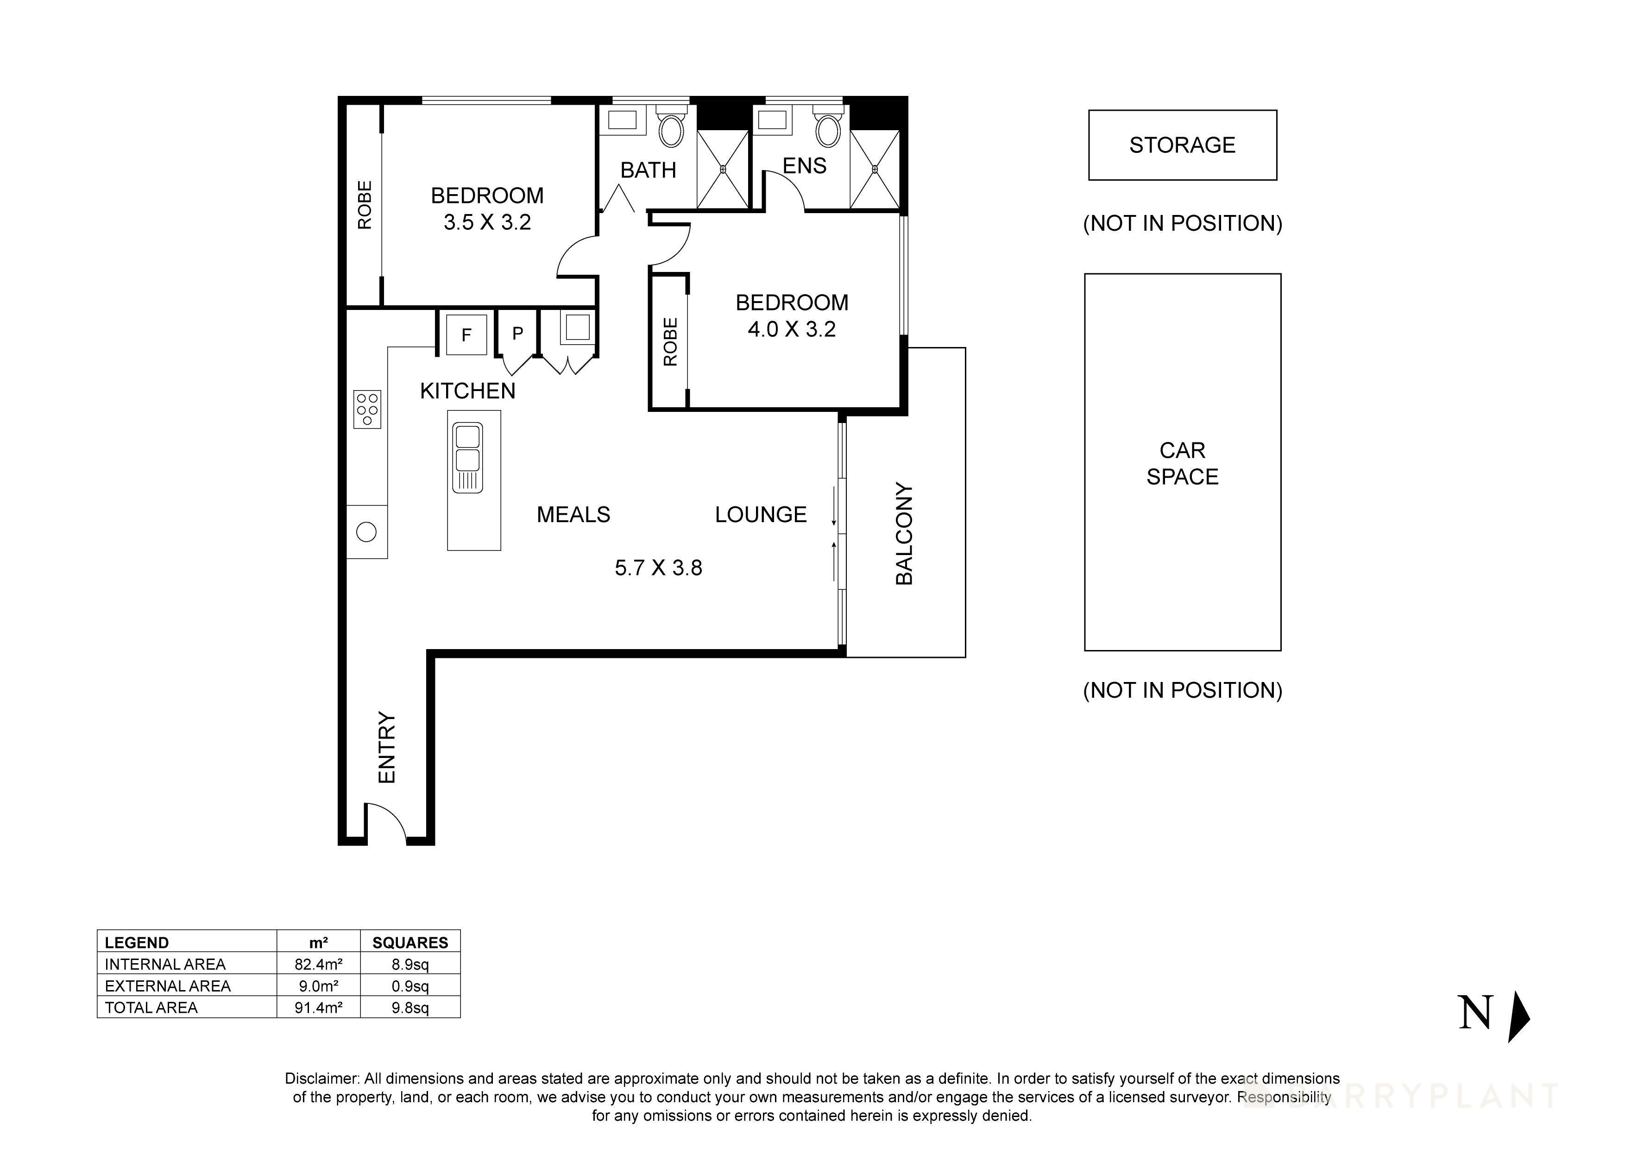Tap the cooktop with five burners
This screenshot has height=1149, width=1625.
(367, 409)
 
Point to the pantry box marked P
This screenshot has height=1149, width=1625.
(518, 334)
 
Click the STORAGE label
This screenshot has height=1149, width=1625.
(1182, 145)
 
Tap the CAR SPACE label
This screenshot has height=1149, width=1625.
(1182, 464)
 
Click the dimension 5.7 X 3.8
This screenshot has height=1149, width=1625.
(658, 568)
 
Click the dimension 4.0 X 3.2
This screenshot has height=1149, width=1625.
(791, 329)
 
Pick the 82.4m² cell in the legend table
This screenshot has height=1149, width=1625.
(319, 964)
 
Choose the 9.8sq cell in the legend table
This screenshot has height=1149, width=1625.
(410, 1007)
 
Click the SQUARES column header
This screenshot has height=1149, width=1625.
(410, 943)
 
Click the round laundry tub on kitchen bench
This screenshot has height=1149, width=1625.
(366, 532)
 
